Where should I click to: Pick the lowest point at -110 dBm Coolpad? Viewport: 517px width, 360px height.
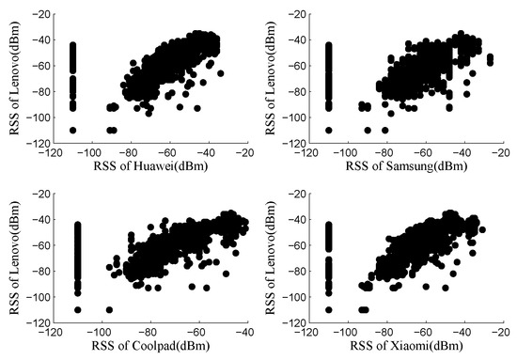pyautogui.click(x=72, y=309)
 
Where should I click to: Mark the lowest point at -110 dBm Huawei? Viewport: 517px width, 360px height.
pyautogui.click(x=72, y=130)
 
